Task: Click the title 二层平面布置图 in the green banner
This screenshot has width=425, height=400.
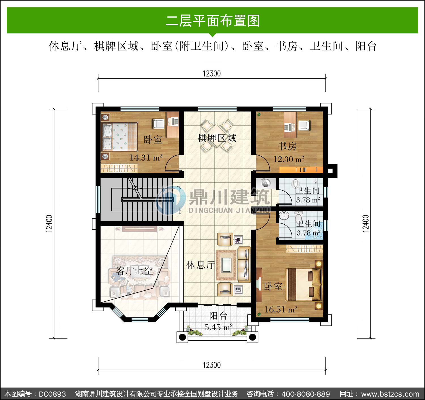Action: click(213, 21)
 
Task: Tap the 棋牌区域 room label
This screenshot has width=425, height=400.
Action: click(217, 138)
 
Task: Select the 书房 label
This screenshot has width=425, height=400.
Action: click(287, 146)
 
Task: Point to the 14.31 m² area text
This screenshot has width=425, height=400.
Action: click(146, 158)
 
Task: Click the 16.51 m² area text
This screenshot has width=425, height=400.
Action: click(281, 309)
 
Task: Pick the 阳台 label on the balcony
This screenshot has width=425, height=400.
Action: click(218, 316)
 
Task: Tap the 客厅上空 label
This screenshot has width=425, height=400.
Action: click(134, 271)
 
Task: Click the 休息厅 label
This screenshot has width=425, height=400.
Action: click(201, 265)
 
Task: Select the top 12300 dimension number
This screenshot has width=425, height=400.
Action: click(212, 74)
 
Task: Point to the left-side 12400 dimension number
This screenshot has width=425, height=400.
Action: click(49, 224)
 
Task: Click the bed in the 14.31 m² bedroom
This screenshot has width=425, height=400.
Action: click(119, 136)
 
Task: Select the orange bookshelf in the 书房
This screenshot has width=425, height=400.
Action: click(301, 170)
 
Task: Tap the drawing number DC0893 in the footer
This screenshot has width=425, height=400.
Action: click(52, 394)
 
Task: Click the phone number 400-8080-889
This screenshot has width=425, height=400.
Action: click(306, 394)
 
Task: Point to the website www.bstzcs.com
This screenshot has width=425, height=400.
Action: click(390, 394)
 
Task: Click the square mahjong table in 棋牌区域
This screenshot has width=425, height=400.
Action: click(217, 136)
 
